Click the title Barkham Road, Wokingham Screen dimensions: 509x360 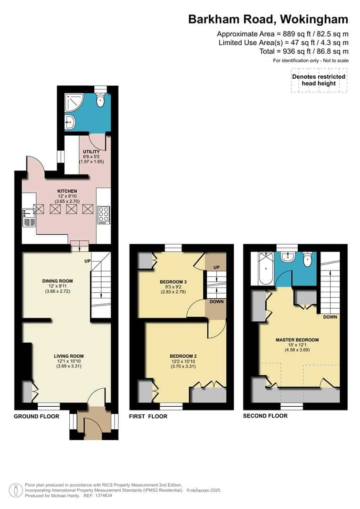(x=268, y=19)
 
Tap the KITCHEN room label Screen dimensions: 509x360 (x=67, y=191)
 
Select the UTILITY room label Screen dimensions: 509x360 (x=91, y=151)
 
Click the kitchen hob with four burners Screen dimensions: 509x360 (x=104, y=215)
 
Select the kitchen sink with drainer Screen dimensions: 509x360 (x=28, y=218)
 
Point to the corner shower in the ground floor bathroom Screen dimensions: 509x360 (x=72, y=100)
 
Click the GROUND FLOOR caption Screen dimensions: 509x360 (x=36, y=416)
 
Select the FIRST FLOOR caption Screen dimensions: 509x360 (x=148, y=417)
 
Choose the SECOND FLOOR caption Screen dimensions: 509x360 (x=265, y=416)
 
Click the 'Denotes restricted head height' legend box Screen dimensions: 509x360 (x=319, y=80)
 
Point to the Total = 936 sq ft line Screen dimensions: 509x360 (x=304, y=51)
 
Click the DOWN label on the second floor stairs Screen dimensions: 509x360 (x=330, y=317)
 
